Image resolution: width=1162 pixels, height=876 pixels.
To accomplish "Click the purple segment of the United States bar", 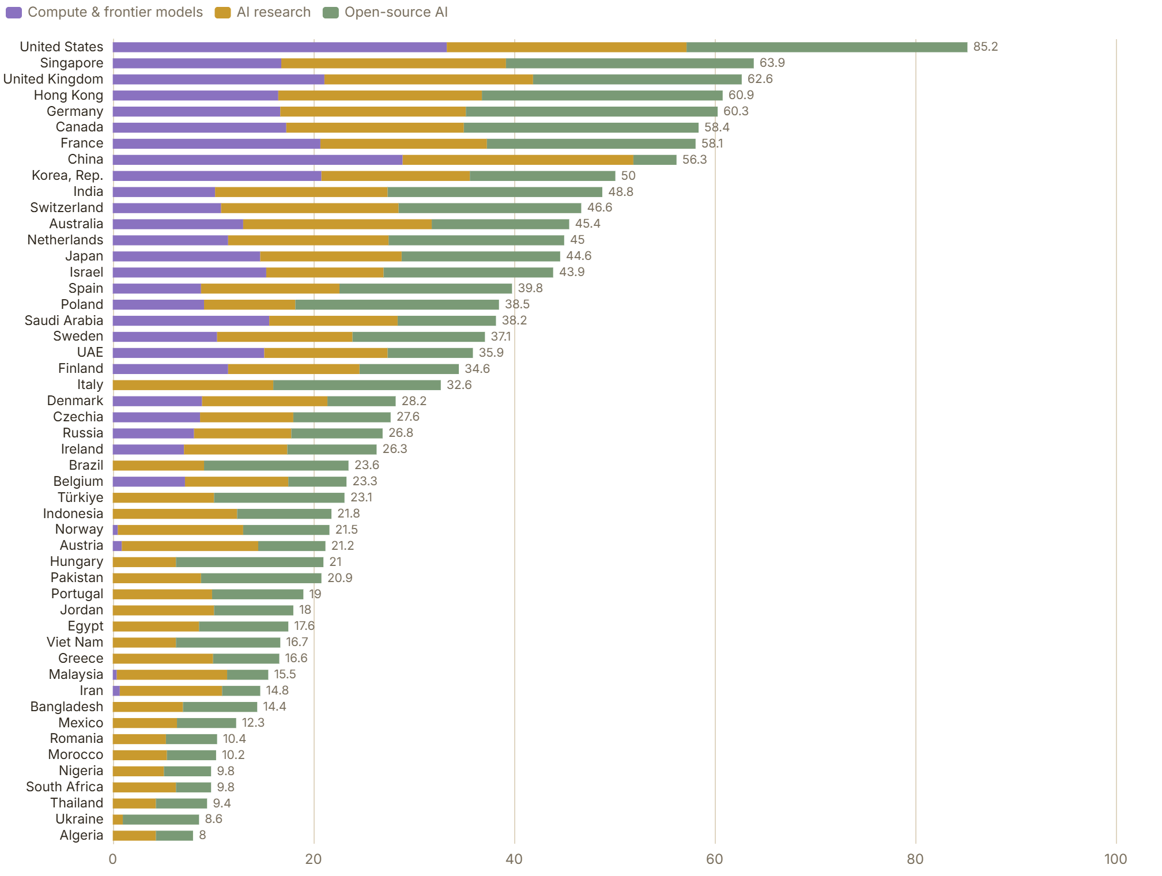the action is (280, 47).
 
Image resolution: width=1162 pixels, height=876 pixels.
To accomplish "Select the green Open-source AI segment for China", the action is (655, 160).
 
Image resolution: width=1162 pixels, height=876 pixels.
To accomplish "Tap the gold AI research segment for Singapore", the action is (394, 63).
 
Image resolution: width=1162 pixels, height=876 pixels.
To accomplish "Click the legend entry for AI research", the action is (263, 12).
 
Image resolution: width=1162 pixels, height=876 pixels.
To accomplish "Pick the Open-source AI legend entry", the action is (385, 12).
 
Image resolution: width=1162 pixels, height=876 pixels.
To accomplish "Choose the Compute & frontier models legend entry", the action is (104, 12).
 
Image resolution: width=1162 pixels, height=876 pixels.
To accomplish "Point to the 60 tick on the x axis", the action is (715, 859).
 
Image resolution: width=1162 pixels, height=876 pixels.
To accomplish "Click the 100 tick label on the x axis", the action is (1116, 859).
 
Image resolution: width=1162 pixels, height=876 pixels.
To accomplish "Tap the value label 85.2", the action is (986, 47).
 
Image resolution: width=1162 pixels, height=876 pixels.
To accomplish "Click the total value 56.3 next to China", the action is (695, 160).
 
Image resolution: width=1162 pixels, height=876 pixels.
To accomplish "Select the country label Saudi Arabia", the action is (64, 320).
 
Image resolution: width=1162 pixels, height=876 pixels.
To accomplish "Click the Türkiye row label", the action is (80, 497).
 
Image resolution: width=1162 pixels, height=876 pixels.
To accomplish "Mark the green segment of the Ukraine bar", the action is (161, 820).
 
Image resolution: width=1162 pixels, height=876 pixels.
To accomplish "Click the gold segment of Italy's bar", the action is (193, 385).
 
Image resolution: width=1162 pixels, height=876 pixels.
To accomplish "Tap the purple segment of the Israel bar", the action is (190, 273).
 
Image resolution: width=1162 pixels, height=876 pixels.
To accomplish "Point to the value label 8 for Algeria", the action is (202, 835).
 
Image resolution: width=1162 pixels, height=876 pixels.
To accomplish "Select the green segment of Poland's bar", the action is (397, 305).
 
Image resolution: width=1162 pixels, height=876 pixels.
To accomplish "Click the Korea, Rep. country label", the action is (67, 176).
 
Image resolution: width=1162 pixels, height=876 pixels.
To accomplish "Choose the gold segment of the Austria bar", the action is (190, 546).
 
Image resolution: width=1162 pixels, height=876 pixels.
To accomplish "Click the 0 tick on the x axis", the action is (113, 859).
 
